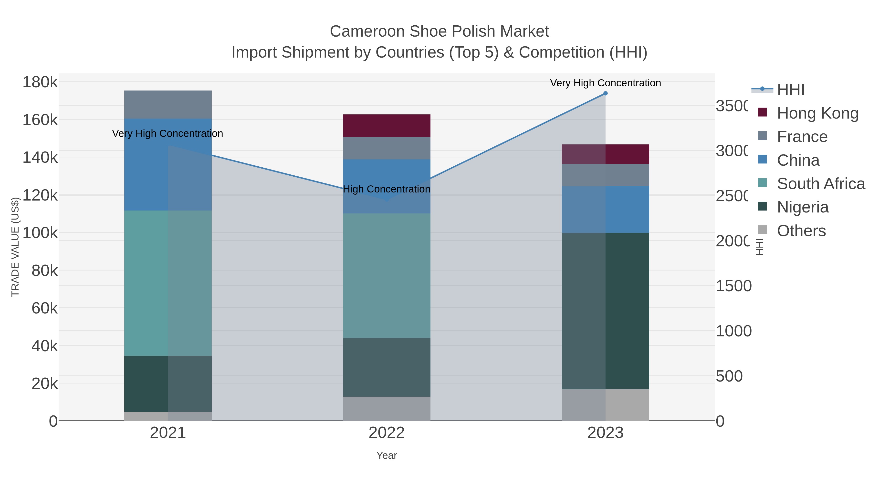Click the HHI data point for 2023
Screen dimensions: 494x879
[605, 93]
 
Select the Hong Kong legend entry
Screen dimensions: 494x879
[817, 113]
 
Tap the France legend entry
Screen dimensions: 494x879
[802, 137]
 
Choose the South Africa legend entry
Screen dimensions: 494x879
[821, 184]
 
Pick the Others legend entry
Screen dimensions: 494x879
[801, 231]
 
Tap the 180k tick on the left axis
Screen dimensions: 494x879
[40, 82]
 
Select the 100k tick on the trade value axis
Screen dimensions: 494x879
[40, 233]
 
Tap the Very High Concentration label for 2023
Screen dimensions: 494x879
[605, 83]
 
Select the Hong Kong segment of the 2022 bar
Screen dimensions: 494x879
[387, 126]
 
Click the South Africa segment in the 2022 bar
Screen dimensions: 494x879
[387, 275]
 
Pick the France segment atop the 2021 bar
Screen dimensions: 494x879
[168, 104]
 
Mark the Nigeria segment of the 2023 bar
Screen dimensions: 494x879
[605, 311]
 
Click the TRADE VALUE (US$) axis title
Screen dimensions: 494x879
[15, 247]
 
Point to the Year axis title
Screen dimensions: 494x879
[387, 455]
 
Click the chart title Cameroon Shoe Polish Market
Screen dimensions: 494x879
[439, 31]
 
